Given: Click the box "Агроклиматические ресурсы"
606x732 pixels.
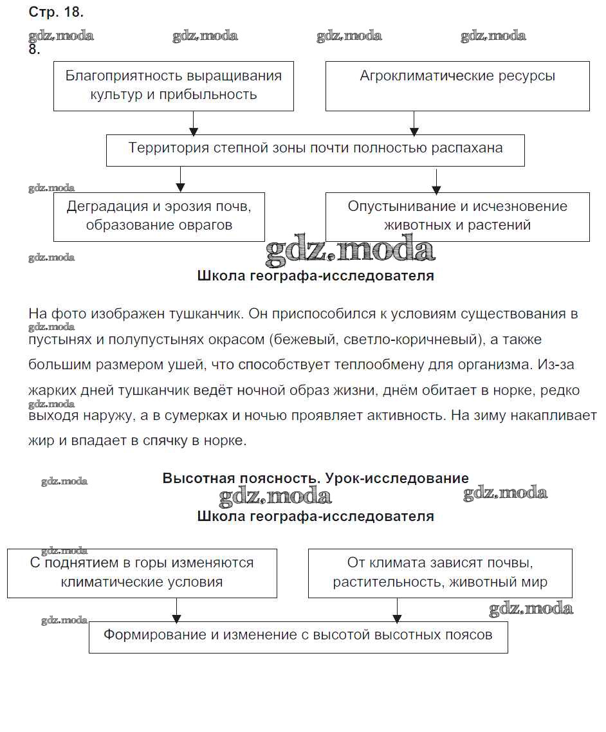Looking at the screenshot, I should point(457,86).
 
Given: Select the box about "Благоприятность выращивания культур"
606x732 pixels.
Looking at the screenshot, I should point(174,86).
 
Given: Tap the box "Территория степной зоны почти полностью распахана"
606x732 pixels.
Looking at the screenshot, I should point(315,151).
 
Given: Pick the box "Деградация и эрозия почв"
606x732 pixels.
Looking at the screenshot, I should point(159,217).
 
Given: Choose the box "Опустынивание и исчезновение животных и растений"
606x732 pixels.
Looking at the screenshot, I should point(457,217).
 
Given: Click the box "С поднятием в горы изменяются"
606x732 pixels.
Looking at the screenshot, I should point(142,573).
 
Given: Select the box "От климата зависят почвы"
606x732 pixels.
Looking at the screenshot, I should point(440,573).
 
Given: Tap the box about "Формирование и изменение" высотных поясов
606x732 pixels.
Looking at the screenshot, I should point(298,637).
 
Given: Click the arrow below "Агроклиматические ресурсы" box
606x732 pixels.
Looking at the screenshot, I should point(414,122).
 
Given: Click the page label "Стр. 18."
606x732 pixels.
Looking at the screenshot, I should point(57,12).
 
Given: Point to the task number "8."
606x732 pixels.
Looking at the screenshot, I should point(35,50).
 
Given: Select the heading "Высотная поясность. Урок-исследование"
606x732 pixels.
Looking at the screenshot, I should point(315,479).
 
